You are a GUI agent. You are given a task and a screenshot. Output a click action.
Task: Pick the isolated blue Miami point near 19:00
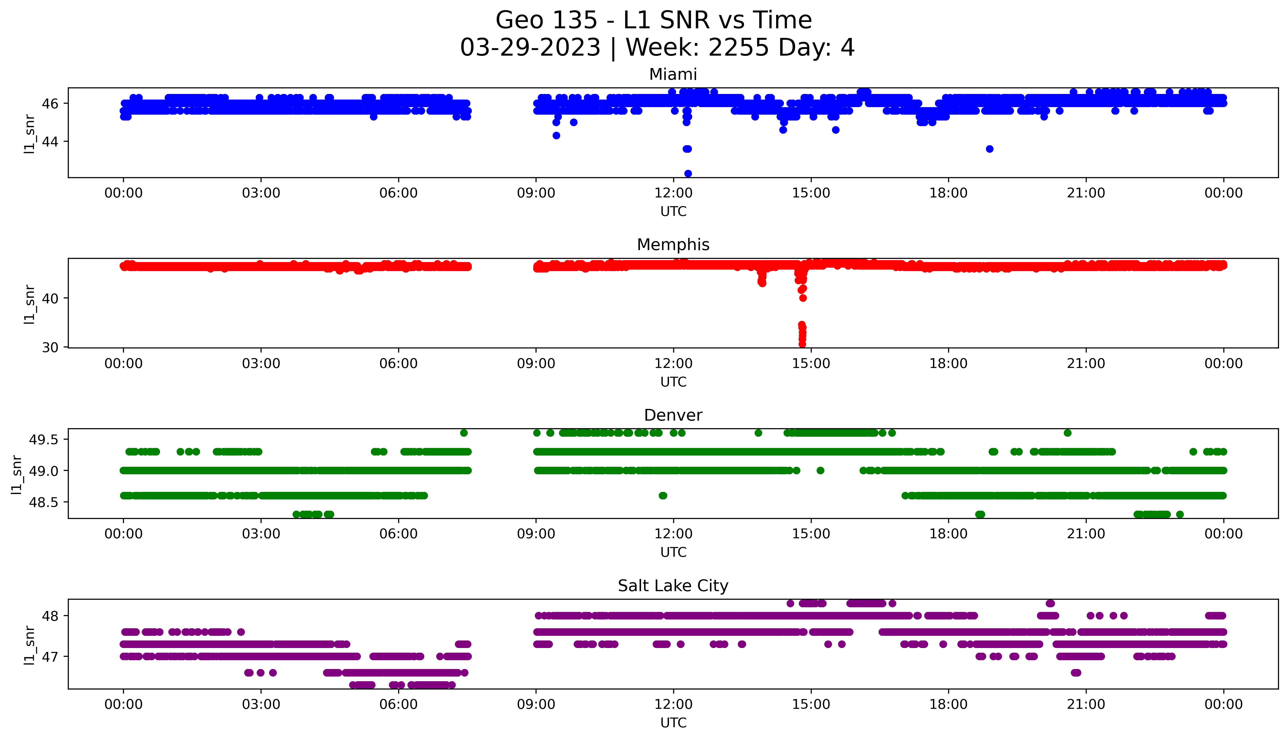pyautogui.click(x=989, y=149)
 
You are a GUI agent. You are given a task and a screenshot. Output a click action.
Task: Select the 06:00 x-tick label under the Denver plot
pyautogui.click(x=398, y=534)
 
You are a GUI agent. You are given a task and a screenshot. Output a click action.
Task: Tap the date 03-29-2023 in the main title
pyautogui.click(x=530, y=48)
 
